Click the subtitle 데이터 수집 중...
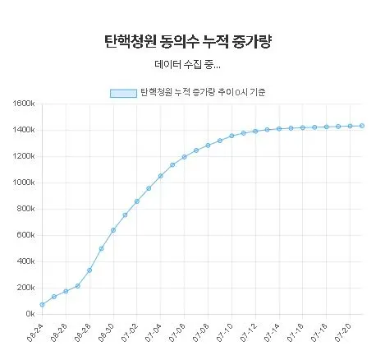[x=187, y=64]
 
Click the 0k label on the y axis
[x=27, y=314]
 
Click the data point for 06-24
[x=42, y=305]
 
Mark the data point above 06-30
[x=113, y=230]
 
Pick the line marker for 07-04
[x=161, y=176]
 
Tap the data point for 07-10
[x=231, y=136]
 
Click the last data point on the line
[x=362, y=126]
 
